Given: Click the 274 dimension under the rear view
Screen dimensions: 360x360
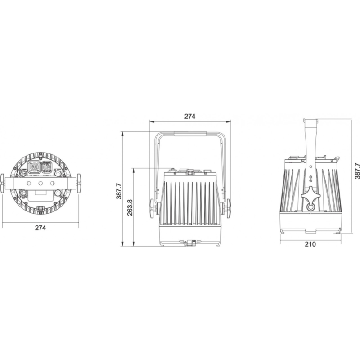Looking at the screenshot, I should tap(40, 228).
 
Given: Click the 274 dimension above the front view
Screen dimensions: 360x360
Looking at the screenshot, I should tap(190, 116).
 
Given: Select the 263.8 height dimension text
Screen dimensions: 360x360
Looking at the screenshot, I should tap(130, 207).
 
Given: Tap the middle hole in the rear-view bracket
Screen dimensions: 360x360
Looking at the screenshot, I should tap(41, 184).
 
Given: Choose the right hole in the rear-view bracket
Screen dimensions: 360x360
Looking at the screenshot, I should tap(53, 184).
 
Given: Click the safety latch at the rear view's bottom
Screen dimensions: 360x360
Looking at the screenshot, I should tap(41, 208).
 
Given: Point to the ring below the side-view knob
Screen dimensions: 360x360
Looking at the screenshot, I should tap(310, 207).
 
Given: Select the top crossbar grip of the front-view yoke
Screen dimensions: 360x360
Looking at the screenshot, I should tap(190, 133).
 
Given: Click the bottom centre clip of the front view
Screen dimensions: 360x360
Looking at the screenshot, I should tap(190, 243).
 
